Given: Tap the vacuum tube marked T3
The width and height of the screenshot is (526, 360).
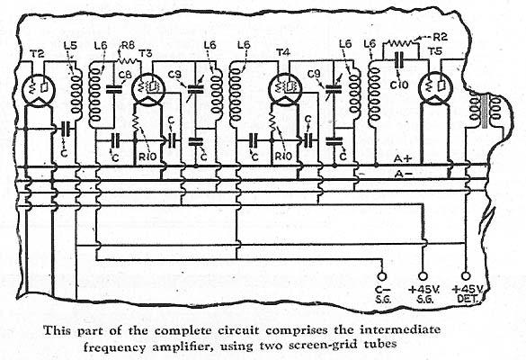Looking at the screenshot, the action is click(148, 89).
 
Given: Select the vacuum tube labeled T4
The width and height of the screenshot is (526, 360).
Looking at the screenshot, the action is click(284, 88).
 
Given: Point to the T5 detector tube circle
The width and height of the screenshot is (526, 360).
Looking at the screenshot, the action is click(435, 88).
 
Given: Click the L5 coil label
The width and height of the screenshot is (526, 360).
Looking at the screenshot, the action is click(70, 46).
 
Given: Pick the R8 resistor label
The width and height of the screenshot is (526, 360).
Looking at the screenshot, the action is click(128, 46).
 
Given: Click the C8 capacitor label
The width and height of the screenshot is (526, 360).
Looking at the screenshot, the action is click(126, 75).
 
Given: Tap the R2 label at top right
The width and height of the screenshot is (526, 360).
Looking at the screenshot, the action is click(440, 36).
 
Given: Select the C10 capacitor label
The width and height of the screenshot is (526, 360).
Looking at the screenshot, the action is click(399, 85).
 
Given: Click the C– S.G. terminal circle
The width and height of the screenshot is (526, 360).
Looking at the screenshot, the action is click(382, 276).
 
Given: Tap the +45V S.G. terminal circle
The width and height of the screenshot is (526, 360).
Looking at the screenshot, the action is click(423, 276).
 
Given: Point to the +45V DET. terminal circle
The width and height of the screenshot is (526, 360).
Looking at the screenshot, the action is click(465, 276).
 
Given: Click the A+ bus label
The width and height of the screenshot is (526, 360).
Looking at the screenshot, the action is click(403, 158).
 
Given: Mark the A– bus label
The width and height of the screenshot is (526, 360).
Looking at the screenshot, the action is click(404, 174).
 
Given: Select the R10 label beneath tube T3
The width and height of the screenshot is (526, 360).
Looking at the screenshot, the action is click(148, 157).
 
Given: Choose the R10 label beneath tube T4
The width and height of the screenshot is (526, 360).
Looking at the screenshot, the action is click(283, 157).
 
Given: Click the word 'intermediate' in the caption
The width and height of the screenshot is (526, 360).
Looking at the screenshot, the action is click(400, 329).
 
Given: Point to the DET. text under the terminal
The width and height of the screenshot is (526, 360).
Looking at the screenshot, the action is click(467, 299).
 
